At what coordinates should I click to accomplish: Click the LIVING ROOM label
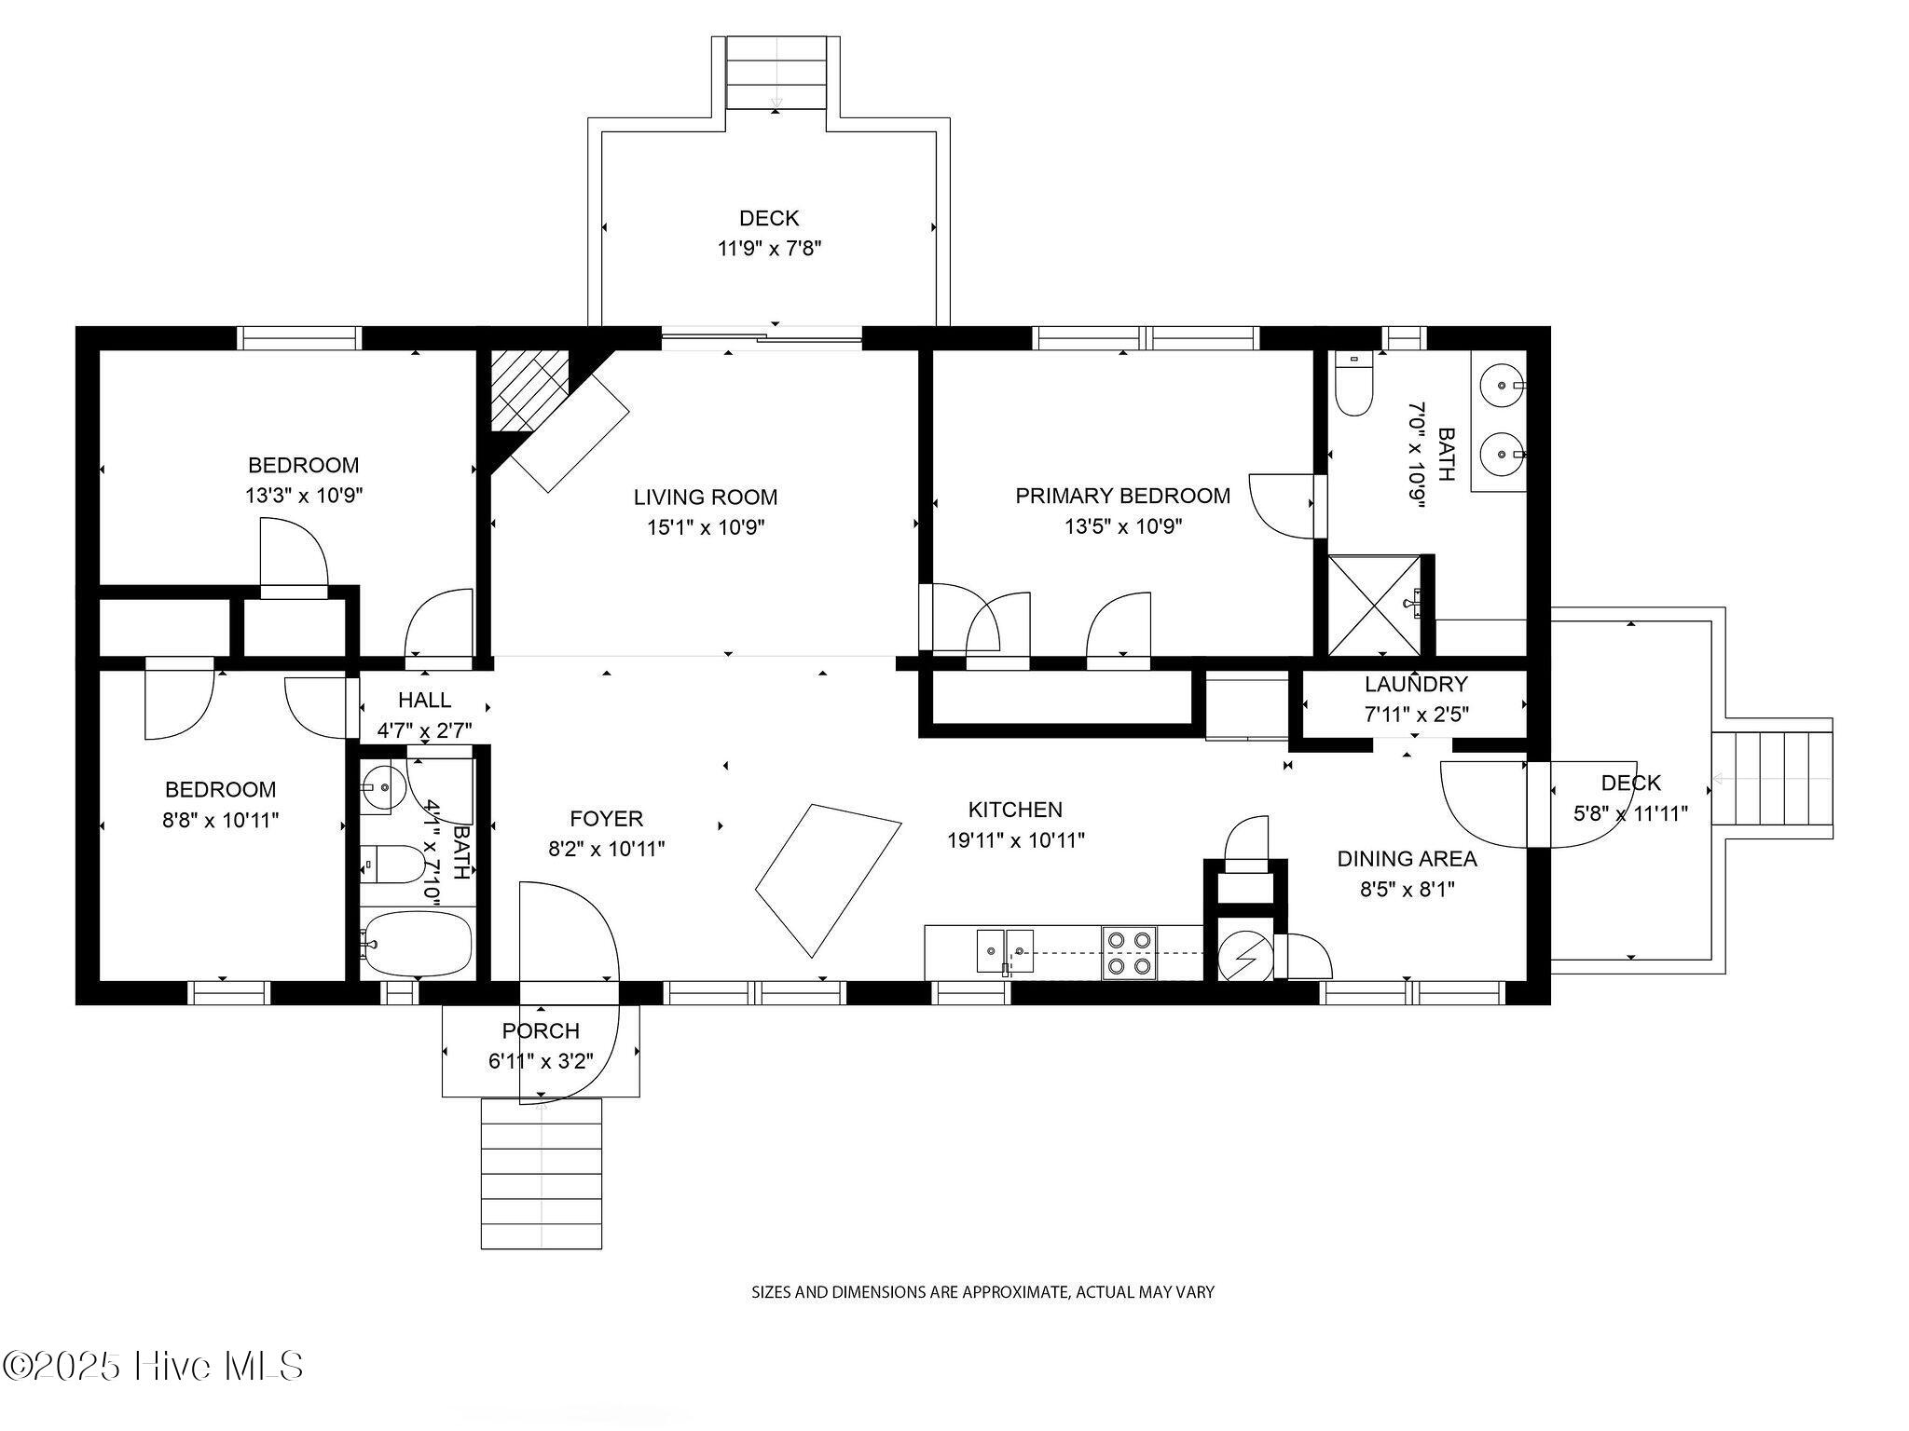(x=705, y=497)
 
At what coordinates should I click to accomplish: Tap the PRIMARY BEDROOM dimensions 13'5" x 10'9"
(x=1123, y=527)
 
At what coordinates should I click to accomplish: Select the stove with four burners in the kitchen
(x=1129, y=953)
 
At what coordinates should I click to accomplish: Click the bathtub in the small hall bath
(x=417, y=943)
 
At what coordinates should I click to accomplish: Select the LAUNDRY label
(x=1415, y=685)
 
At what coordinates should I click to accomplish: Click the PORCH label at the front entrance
(x=541, y=1031)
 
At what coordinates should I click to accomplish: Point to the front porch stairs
(x=541, y=1174)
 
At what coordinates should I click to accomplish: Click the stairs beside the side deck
(x=1771, y=778)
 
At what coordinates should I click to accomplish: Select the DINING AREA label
(x=1407, y=859)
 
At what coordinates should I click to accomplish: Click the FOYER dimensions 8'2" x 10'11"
(x=606, y=850)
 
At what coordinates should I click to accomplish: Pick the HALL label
(x=424, y=701)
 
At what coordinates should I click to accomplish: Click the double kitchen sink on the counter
(x=1005, y=951)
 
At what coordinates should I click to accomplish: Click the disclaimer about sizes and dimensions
(x=982, y=1292)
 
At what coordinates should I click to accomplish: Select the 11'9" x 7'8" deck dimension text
(x=769, y=249)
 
